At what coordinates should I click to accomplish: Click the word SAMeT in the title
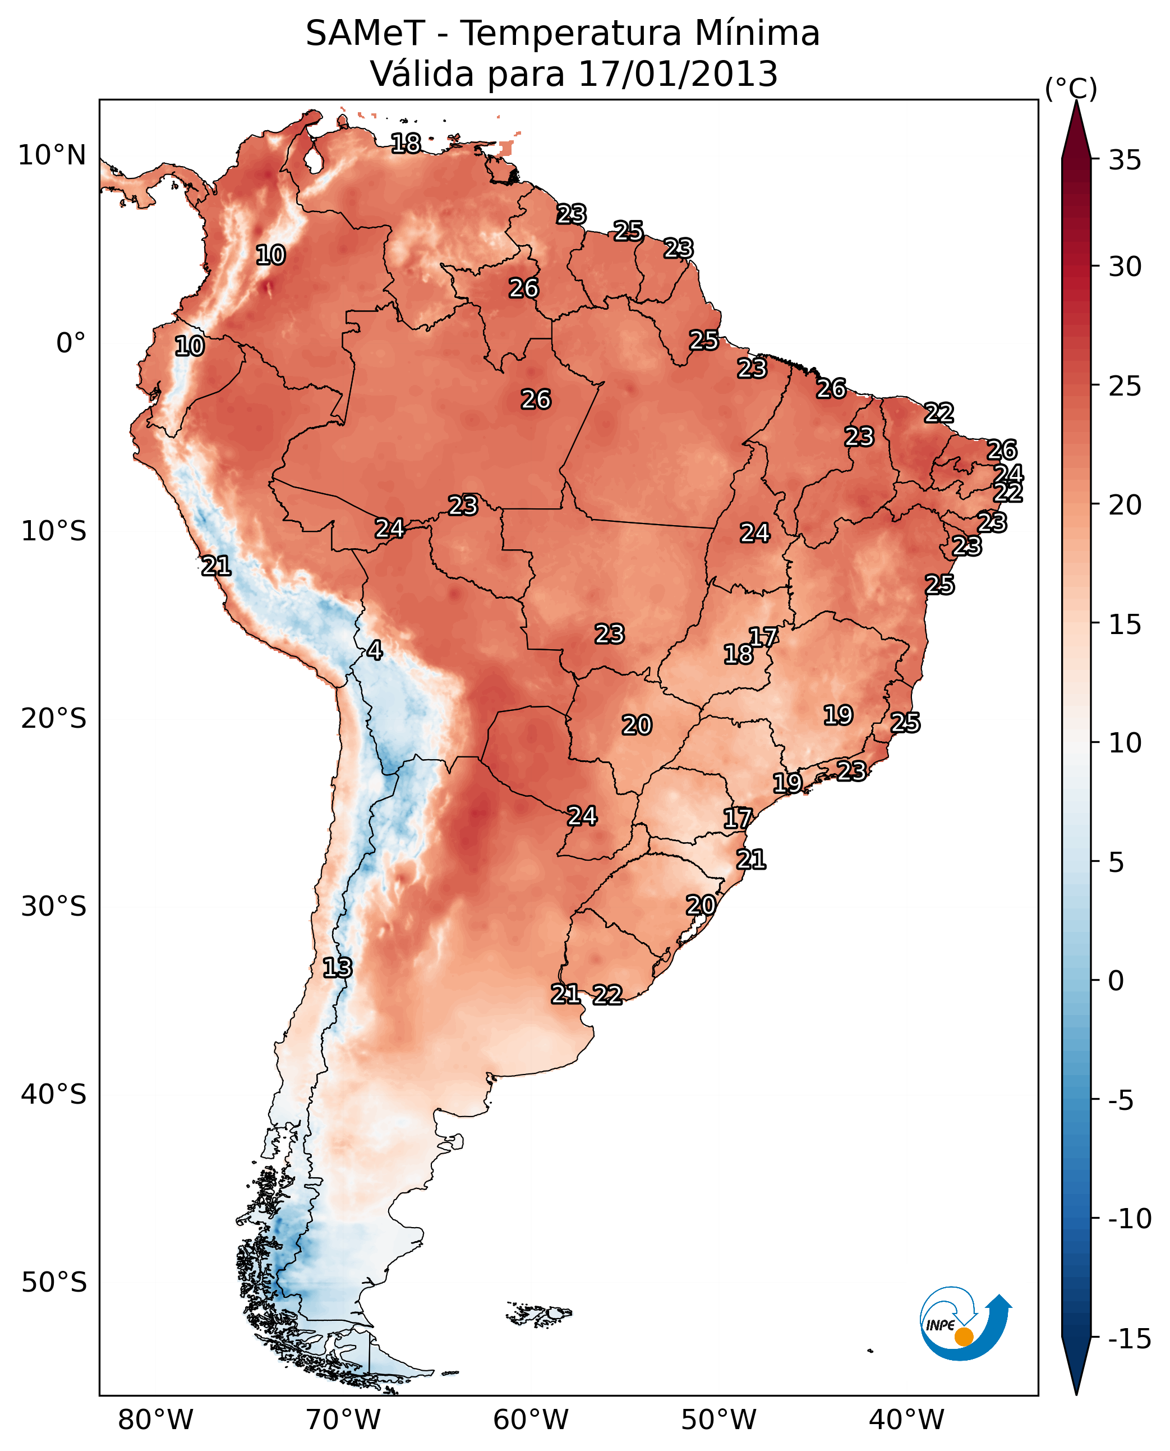coord(365,34)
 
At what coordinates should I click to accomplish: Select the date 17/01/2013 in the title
coord(678,74)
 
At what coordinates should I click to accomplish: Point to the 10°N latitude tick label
coord(52,156)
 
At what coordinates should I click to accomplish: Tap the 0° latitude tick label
coord(71,343)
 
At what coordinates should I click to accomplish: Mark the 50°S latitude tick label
coord(54,1282)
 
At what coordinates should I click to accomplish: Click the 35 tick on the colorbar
coord(1125,160)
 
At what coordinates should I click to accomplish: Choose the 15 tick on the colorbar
coord(1125,625)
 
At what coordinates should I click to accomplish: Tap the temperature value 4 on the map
coord(375,651)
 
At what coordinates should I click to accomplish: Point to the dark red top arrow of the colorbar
coord(1076,131)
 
